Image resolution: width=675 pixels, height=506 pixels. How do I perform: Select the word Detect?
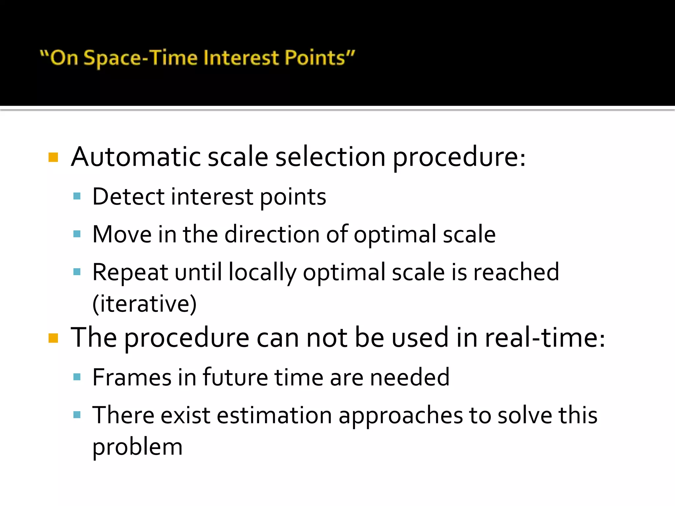coord(128,197)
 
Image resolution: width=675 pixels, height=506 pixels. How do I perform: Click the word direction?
coord(272,234)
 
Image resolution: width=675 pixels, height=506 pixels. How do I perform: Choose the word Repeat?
coord(130,272)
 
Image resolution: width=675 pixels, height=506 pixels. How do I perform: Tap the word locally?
coord(262,272)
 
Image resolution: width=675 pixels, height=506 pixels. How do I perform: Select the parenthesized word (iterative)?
coord(144,303)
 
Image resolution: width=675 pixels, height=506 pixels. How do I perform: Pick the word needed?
coord(410,377)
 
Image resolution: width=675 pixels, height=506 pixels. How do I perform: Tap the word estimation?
coord(274,415)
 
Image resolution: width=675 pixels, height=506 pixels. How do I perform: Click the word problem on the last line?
coord(137,447)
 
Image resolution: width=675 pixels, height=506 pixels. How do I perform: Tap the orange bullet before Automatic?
coord(53,157)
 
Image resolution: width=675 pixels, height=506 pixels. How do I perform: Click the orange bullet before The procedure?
coord(53,338)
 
